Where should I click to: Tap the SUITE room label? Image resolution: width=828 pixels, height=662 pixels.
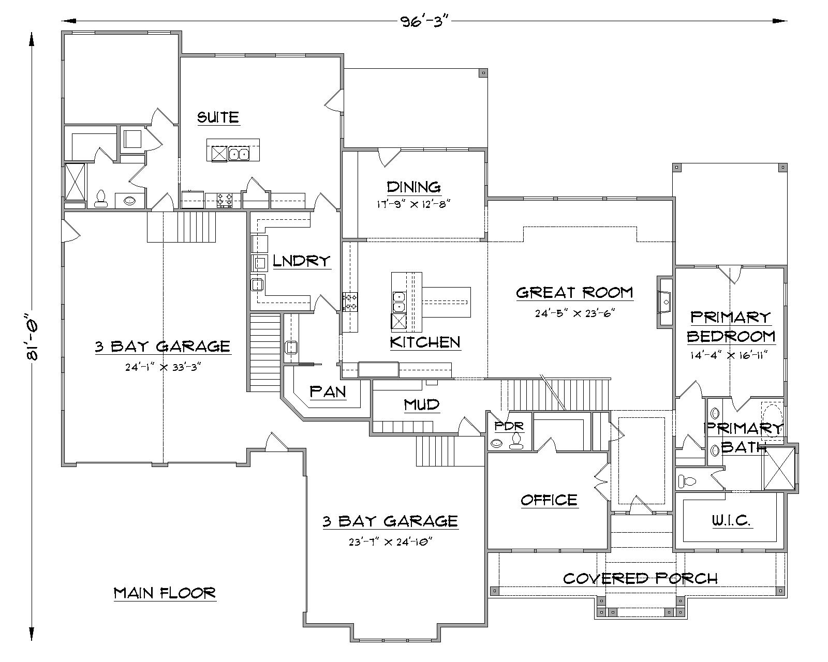tap(218, 117)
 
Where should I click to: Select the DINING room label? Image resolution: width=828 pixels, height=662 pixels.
tap(413, 187)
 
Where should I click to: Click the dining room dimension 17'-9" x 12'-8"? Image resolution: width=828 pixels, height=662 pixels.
tap(413, 204)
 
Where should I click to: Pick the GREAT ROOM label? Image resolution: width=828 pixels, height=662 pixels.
tap(574, 292)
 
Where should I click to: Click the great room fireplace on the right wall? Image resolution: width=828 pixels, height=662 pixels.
tap(665, 302)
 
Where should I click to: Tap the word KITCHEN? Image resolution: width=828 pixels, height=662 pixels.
tap(425, 342)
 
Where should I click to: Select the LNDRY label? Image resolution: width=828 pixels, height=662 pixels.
tap(301, 261)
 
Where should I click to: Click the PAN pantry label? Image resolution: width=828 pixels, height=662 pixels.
tap(328, 392)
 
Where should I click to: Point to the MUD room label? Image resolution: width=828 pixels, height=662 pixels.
tap(422, 404)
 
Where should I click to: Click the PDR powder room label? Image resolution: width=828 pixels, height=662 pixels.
tap(509, 426)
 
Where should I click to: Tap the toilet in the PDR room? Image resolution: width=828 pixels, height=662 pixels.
tap(515, 441)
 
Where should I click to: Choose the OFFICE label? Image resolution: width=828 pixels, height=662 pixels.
tap(549, 500)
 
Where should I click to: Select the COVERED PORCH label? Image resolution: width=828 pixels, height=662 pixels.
tap(640, 578)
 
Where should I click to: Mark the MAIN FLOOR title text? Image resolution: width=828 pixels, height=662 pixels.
tap(165, 593)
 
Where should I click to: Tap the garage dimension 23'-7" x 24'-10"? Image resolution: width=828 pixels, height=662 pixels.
tap(390, 542)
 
